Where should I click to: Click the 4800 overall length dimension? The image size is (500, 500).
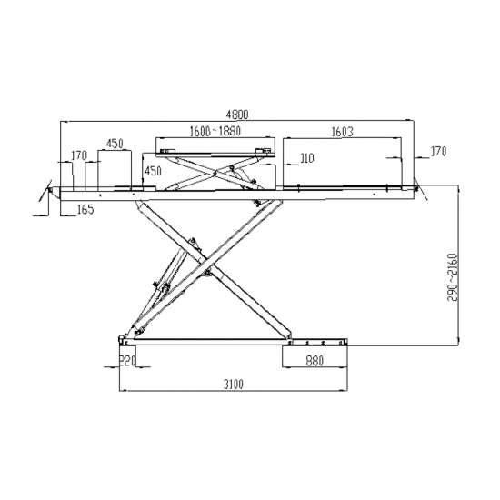pos(237,115)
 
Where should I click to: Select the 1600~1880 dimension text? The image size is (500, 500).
pos(215,131)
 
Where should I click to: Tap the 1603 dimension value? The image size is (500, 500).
pos(343,132)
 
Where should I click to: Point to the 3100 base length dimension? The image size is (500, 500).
pos(233,385)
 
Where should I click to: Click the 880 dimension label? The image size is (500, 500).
pos(315,361)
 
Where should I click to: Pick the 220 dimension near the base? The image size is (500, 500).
pos(127,361)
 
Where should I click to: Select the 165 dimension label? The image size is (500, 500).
pos(85,209)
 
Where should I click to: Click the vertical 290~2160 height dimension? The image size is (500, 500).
pos(453,277)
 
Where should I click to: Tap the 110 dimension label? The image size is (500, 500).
pos(307,158)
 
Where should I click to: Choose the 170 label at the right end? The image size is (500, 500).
pos(439,152)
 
